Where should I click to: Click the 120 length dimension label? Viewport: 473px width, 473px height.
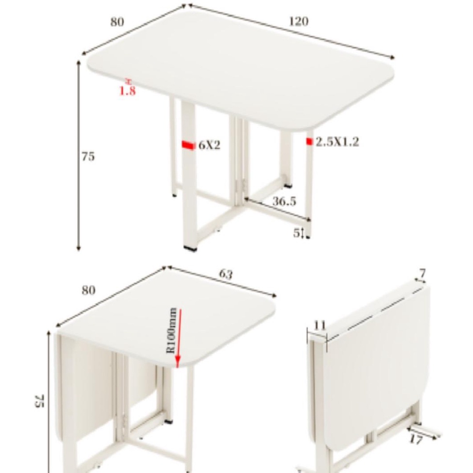click(299, 22)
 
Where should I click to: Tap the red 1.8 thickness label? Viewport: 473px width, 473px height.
click(128, 91)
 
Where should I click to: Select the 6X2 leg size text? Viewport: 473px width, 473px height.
click(209, 145)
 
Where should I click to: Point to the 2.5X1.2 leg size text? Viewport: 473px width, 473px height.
click(337, 142)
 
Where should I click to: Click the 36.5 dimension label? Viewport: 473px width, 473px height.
click(284, 201)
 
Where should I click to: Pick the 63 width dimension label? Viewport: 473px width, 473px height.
click(226, 274)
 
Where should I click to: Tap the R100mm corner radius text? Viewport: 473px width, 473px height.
click(171, 330)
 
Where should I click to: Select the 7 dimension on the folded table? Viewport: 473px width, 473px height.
click(422, 273)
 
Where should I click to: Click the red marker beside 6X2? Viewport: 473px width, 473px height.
click(188, 145)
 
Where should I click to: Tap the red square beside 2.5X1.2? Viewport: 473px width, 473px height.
click(309, 141)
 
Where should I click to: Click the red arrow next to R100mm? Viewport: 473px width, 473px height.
click(179, 338)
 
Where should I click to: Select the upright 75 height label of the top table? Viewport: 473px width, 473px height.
click(88, 156)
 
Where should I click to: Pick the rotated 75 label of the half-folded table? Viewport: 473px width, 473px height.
click(40, 401)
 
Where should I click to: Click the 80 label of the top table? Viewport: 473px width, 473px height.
click(117, 22)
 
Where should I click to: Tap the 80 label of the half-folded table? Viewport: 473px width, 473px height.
click(89, 290)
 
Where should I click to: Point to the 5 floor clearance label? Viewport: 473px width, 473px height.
click(297, 232)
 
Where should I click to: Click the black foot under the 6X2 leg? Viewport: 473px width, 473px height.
click(191, 248)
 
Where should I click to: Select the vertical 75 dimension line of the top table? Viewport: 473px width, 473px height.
click(79, 155)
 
